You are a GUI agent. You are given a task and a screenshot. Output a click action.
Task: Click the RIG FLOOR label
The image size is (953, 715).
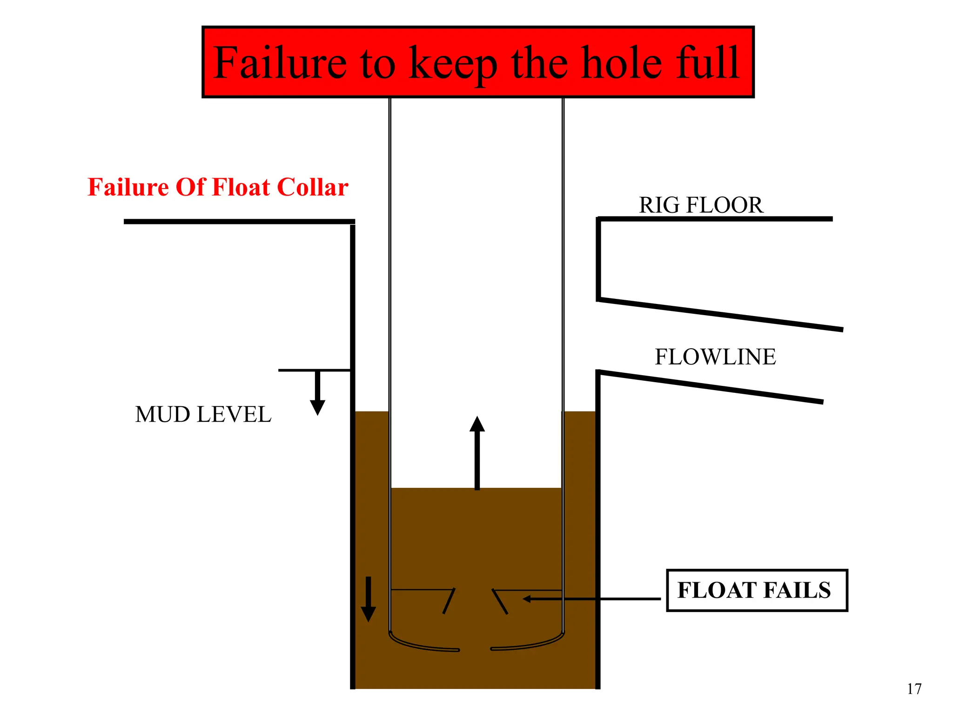pos(701,205)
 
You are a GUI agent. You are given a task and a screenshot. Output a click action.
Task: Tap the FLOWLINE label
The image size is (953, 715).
pos(715,357)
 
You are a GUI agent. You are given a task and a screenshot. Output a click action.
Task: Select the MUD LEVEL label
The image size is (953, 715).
pos(203,414)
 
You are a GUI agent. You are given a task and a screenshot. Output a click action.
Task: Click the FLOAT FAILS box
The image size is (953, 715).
pos(757,590)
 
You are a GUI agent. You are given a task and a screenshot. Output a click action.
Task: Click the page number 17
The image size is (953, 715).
pos(914,688)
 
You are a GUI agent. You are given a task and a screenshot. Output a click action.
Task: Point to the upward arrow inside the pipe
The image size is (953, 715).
pos(477,452)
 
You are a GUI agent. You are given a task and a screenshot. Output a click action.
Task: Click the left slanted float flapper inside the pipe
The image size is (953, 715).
pos(449,601)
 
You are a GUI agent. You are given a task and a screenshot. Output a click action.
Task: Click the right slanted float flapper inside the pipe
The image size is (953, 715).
pos(500,601)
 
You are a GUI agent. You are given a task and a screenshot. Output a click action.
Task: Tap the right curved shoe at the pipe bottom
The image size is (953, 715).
pos(530,645)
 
